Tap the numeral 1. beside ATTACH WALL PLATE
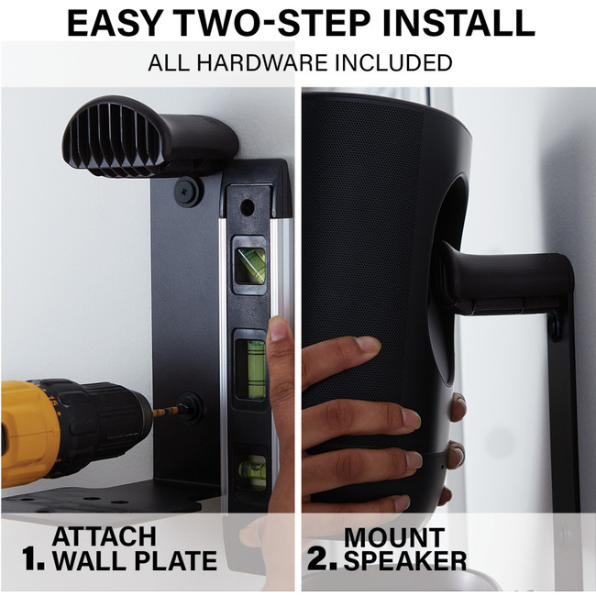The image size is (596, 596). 33,558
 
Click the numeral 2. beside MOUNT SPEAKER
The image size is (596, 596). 322,558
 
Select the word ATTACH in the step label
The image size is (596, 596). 105,536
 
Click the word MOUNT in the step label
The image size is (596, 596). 394,537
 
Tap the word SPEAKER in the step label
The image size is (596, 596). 405,560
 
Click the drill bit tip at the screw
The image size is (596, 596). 178,410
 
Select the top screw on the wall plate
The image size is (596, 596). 189,192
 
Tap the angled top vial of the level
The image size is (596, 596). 249,266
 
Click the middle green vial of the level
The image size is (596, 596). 249,369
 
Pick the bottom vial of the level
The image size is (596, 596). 252,471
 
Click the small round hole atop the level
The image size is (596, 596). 248,207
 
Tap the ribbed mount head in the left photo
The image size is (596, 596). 114,137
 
